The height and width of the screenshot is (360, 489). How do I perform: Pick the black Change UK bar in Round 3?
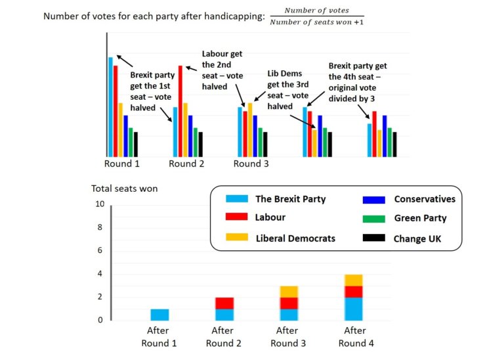pyautogui.click(x=265, y=144)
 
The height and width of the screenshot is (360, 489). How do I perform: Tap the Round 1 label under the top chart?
pyautogui.click(x=121, y=164)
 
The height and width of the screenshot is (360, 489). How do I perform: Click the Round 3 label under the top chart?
pyautogui.click(x=251, y=164)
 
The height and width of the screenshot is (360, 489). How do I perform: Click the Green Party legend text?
pyautogui.click(x=420, y=218)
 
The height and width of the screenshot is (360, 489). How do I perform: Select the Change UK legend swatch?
pyautogui.click(x=372, y=238)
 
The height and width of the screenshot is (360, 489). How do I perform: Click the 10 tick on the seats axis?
pyautogui.click(x=100, y=204)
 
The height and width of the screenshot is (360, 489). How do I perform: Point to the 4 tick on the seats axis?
pyautogui.click(x=100, y=274)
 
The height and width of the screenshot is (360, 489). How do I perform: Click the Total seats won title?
pyautogui.click(x=124, y=189)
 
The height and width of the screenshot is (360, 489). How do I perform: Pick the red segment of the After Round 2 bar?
pyautogui.click(x=224, y=303)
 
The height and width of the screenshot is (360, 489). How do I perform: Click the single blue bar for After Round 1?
pyautogui.click(x=159, y=314)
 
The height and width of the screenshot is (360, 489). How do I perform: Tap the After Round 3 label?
pyautogui.click(x=289, y=336)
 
